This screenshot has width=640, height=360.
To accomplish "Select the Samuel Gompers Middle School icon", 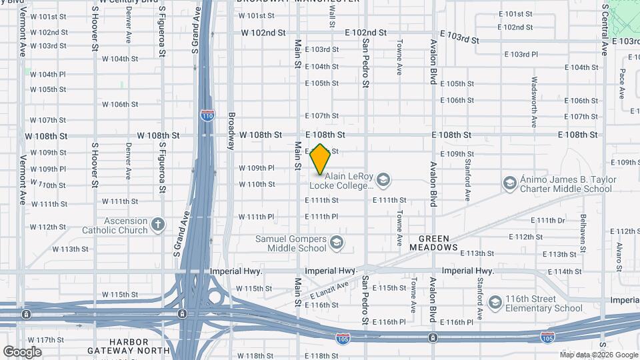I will tap(336, 242).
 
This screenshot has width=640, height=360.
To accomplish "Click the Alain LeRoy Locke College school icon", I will tap(383, 179).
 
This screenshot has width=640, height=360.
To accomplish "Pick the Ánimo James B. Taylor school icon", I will tap(509, 183).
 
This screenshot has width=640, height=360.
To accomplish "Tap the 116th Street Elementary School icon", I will tap(495, 303).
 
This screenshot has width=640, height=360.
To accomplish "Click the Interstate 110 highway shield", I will tap(207, 115).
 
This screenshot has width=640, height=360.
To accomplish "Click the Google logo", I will tap(22, 352).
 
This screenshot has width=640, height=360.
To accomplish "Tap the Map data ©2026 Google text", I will tap(598, 355).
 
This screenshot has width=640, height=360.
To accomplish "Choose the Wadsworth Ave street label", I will tap(534, 102).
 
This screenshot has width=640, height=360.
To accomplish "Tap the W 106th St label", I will tap(120, 105).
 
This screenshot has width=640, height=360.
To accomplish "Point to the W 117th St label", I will tap(46, 340).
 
